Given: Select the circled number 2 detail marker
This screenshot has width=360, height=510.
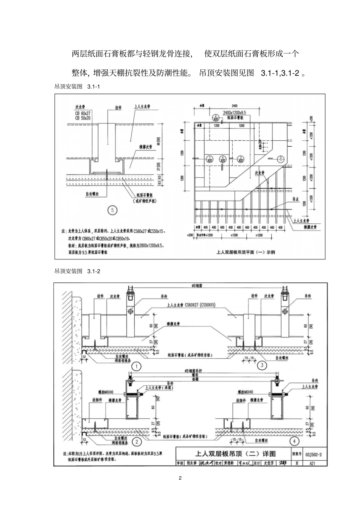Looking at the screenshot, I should click(136, 441).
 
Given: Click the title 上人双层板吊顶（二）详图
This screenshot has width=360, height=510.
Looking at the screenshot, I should click(235, 454).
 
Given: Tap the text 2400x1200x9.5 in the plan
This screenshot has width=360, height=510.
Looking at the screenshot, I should click(235, 113).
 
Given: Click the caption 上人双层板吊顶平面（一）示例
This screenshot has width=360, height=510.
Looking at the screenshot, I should click(245, 251).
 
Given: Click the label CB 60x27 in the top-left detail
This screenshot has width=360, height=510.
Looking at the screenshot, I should click(83, 113).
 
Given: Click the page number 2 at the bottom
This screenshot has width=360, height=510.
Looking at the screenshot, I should click(180, 478).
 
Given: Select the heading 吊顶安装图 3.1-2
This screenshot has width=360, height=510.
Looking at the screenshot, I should click(77, 271).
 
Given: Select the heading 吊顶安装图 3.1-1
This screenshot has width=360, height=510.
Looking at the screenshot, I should click(77, 87).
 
